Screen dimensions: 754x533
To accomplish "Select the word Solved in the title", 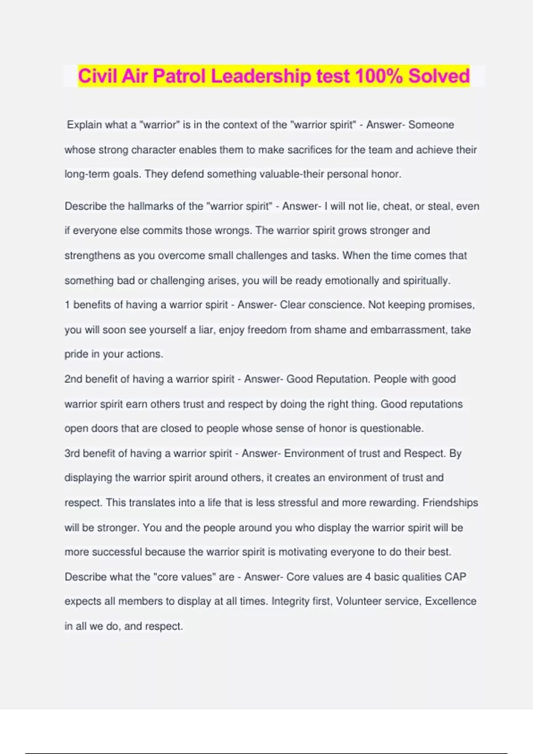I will tap(439, 76).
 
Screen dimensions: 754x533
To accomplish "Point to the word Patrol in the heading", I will tap(179, 76).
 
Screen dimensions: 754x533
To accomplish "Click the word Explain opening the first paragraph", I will tap(84, 125).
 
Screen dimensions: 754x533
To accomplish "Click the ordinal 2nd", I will tap(73, 379).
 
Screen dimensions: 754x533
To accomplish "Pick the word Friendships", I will tap(450, 503).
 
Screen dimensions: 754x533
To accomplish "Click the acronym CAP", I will tap(455, 577).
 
